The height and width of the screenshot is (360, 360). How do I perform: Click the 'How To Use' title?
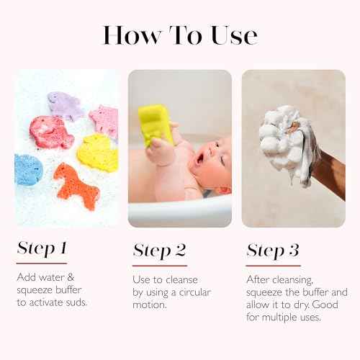180,35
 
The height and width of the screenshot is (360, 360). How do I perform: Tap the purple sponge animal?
64,106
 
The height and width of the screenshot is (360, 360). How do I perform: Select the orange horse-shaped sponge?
77,186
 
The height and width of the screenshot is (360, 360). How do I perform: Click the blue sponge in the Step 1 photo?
28,170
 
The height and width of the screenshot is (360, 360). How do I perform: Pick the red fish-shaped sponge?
50,132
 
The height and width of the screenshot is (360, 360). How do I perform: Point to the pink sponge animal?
104,121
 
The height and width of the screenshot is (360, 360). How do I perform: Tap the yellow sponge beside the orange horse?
98,153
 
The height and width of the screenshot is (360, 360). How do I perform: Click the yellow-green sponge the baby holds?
155,125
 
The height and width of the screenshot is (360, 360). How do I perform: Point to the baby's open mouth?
199,159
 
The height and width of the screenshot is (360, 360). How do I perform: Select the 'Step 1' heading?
42,248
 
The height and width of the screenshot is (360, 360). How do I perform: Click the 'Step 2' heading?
160,251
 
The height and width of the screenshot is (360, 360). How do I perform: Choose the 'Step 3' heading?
273,251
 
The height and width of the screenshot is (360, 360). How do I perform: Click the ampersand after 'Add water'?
71,277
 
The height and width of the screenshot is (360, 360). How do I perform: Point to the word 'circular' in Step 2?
195,292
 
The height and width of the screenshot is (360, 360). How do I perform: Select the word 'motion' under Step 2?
149,305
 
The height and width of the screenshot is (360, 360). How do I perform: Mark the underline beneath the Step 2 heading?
160,266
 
